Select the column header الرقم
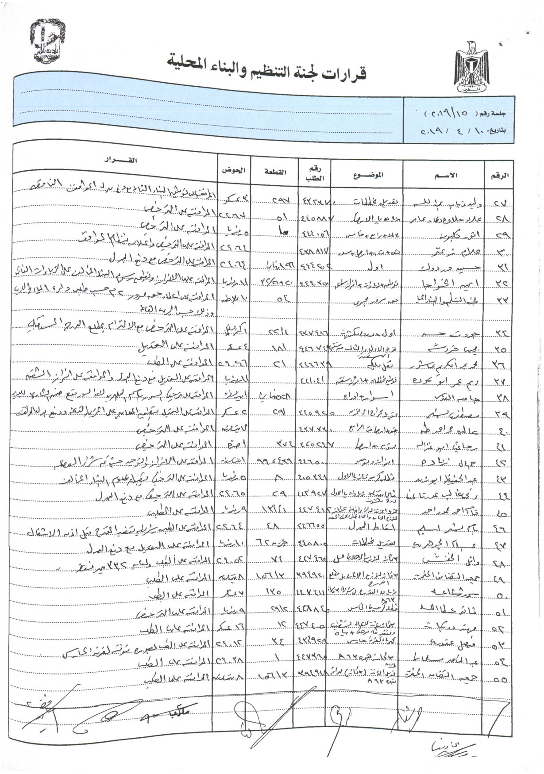[x=500, y=175]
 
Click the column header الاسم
[x=448, y=175]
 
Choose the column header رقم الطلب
[x=315, y=174]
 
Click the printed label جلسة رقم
[x=493, y=114]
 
